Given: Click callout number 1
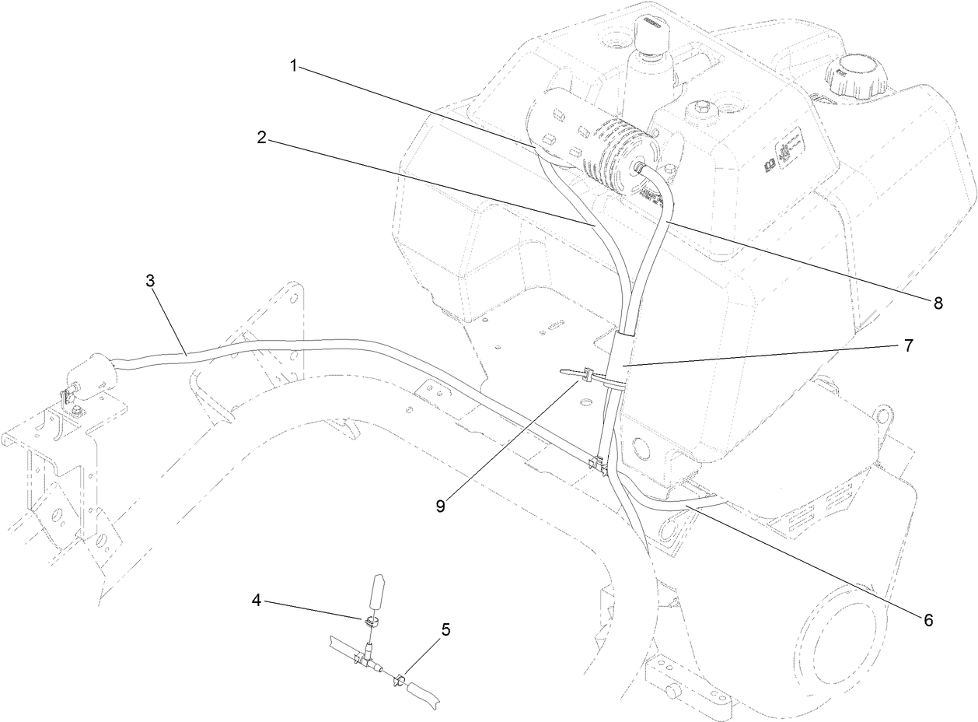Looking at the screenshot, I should pos(294,67).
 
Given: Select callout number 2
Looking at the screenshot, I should pos(262,138).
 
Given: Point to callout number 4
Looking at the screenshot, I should pos(257,600).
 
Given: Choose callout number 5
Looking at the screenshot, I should pos(445,629).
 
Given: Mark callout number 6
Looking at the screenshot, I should pos(927,619).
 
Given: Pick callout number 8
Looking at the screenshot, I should pos(938,303).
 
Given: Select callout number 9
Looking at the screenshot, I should pos(441,505).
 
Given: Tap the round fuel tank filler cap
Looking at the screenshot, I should pos(855,75).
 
